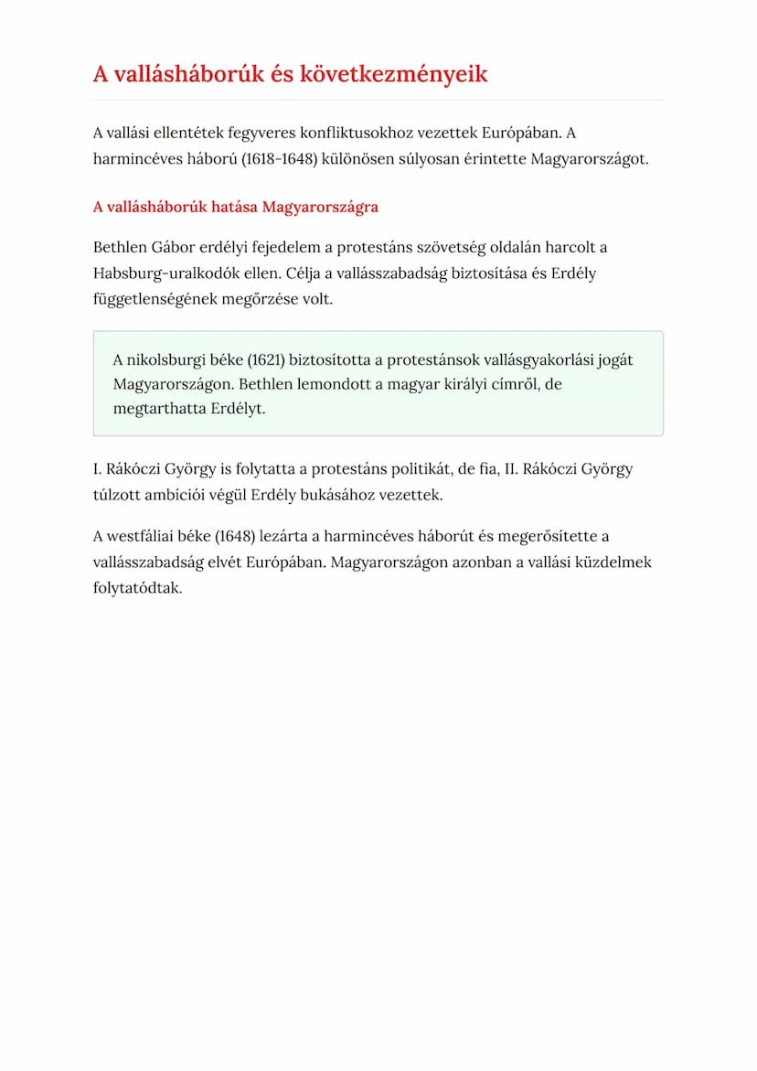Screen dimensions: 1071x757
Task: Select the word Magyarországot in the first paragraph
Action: [x=591, y=158]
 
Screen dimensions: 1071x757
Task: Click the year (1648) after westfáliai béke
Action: [x=236, y=537]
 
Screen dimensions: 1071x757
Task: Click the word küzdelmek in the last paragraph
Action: [x=613, y=562]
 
